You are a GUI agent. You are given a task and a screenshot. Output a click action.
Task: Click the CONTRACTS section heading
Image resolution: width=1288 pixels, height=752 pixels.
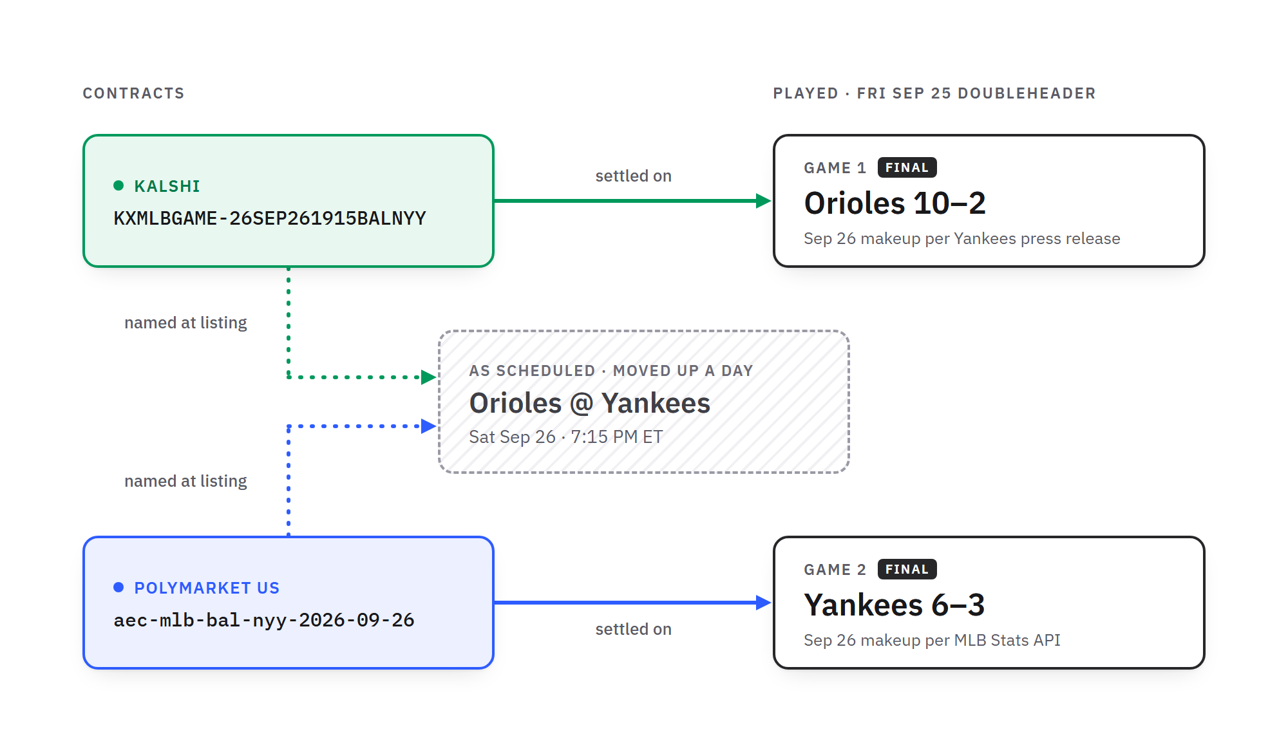133,93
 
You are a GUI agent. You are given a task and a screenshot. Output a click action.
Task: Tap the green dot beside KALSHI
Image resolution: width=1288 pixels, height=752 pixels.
118,185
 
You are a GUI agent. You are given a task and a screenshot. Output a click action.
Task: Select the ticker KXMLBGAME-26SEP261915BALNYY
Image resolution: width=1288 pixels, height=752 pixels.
270,218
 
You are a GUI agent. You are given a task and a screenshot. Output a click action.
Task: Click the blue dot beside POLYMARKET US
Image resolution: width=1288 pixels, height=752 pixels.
118,587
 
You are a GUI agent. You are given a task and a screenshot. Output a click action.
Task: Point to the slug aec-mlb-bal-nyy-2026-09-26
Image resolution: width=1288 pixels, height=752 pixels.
264,620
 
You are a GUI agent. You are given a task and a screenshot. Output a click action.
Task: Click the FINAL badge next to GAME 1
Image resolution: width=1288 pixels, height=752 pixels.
907,167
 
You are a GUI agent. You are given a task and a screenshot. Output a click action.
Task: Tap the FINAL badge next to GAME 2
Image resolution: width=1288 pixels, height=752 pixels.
907,569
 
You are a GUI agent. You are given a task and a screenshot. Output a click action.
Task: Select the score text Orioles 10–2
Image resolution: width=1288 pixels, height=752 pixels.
895,203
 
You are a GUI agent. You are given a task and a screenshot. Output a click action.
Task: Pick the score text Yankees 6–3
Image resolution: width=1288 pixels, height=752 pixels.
894,605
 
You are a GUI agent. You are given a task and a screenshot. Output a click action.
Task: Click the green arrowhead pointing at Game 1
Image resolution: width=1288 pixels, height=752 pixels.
764,201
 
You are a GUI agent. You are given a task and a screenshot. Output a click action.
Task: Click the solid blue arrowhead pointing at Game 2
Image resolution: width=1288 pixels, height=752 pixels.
764,603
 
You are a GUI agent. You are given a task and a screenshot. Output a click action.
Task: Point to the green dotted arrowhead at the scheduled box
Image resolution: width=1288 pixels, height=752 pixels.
429,377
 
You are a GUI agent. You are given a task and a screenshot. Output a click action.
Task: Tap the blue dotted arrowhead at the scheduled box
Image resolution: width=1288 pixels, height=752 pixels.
429,426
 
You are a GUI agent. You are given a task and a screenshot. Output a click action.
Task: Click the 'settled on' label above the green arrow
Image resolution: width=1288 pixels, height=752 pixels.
633,176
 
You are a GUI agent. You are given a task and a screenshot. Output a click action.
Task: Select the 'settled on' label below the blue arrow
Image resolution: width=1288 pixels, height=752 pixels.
633,629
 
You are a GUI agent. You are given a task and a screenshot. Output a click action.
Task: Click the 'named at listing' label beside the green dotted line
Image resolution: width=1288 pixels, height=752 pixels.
185,323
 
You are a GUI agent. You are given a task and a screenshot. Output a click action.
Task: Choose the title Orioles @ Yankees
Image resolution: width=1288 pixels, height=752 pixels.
589,403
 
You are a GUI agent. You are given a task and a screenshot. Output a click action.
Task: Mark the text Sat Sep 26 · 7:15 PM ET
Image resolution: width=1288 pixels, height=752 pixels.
565,437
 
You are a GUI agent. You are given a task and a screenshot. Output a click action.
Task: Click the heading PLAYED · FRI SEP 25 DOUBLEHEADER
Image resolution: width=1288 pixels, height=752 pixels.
934,93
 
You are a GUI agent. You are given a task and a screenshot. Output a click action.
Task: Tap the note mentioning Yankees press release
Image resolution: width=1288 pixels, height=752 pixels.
961,238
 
